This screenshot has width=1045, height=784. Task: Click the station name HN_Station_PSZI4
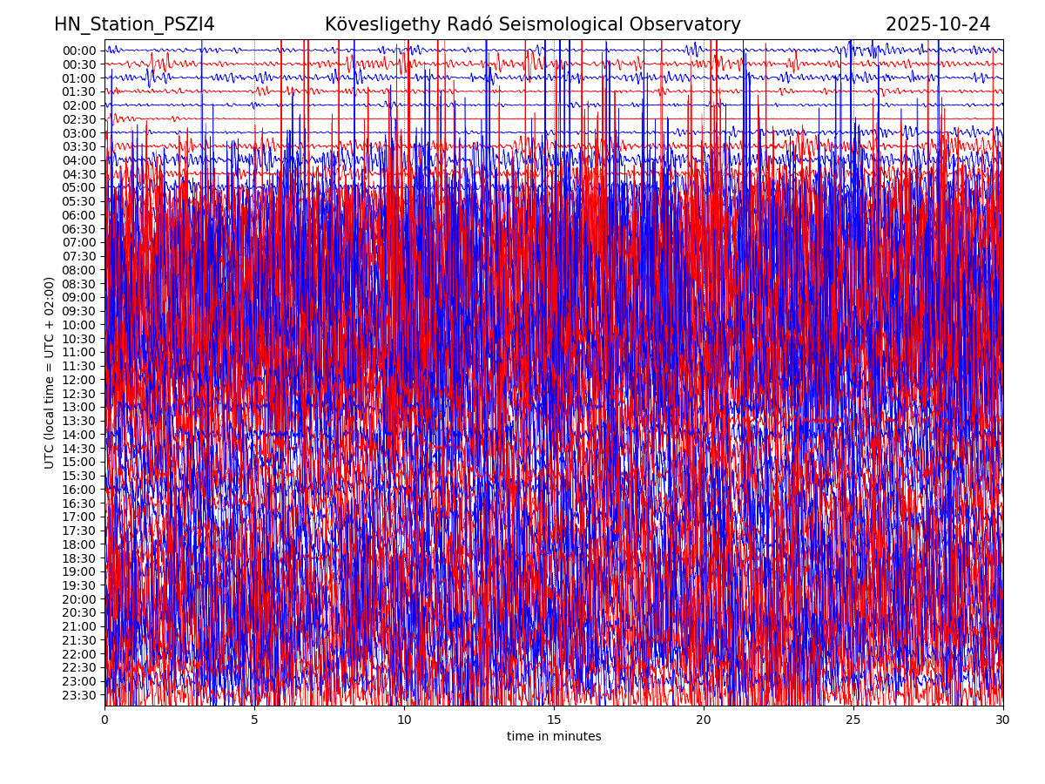point(134,24)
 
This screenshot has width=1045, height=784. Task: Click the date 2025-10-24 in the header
point(938,24)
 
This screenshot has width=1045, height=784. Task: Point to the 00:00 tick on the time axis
point(79,51)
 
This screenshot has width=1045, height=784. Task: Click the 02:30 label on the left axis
point(79,119)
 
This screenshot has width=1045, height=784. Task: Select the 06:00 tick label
point(79,215)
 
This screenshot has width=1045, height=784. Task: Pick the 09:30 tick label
point(79,311)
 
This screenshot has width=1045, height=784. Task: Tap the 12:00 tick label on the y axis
point(79,380)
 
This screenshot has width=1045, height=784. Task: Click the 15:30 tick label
point(79,476)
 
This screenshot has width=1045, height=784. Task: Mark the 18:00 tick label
point(79,544)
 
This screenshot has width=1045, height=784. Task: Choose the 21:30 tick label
point(79,640)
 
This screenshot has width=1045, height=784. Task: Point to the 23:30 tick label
point(79,695)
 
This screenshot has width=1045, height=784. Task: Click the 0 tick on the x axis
point(104,720)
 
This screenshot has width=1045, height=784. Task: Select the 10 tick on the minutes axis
point(404,720)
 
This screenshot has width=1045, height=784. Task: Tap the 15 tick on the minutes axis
point(554,720)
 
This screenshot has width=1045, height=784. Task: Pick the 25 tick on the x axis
point(853,720)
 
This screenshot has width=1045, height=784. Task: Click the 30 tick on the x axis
point(1003,720)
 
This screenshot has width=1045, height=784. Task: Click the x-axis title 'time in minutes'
point(554,737)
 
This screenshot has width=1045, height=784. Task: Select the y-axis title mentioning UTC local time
point(50,373)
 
